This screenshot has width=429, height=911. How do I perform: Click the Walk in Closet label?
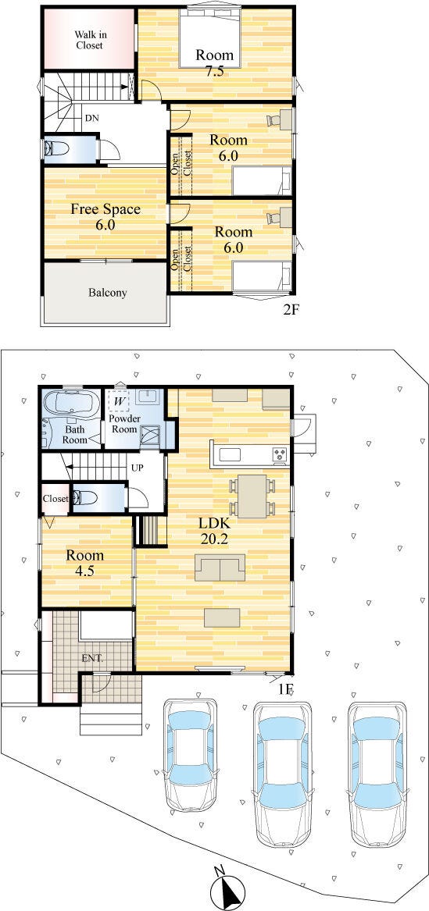(89, 40)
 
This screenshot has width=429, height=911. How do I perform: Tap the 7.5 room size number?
(214, 72)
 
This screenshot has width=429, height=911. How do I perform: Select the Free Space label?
(105, 208)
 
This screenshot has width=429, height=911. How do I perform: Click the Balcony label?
(108, 293)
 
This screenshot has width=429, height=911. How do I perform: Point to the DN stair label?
(92, 118)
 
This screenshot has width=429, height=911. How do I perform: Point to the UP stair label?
(138, 467)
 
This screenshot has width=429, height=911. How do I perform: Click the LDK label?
(213, 524)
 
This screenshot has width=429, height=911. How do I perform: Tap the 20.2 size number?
(213, 539)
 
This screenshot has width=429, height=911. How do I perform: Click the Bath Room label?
(76, 435)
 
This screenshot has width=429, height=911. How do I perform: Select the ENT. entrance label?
(92, 658)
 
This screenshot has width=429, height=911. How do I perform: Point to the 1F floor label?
(285, 689)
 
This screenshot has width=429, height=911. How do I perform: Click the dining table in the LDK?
(252, 496)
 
